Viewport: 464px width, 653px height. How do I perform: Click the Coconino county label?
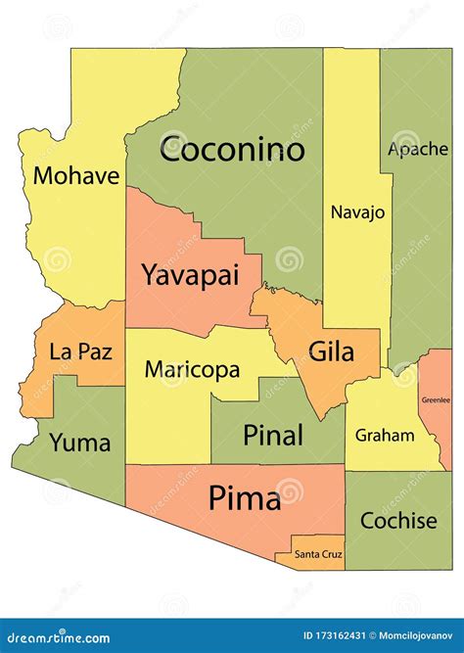pos(232,150)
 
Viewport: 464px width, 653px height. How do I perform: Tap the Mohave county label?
pos(76,176)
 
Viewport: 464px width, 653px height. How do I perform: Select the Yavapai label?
pos(190,275)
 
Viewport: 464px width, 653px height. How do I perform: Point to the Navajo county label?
pos(357,211)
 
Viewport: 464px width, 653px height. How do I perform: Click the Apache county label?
pos(418,149)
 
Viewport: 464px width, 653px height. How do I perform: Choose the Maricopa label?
pos(192,370)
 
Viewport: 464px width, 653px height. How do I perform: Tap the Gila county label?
pos(331,350)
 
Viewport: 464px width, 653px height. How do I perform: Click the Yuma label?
pos(79,442)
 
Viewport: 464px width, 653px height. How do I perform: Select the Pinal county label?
pos(273,435)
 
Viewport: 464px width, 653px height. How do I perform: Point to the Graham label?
pos(385,435)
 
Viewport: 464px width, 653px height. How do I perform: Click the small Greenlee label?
pos(436,399)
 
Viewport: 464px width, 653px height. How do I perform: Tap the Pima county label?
pos(244,499)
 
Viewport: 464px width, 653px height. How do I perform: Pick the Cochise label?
pos(398,521)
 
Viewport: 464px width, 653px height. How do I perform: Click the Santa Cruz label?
pos(318,555)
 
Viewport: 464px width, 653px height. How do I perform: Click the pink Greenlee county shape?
pos(439,421)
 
